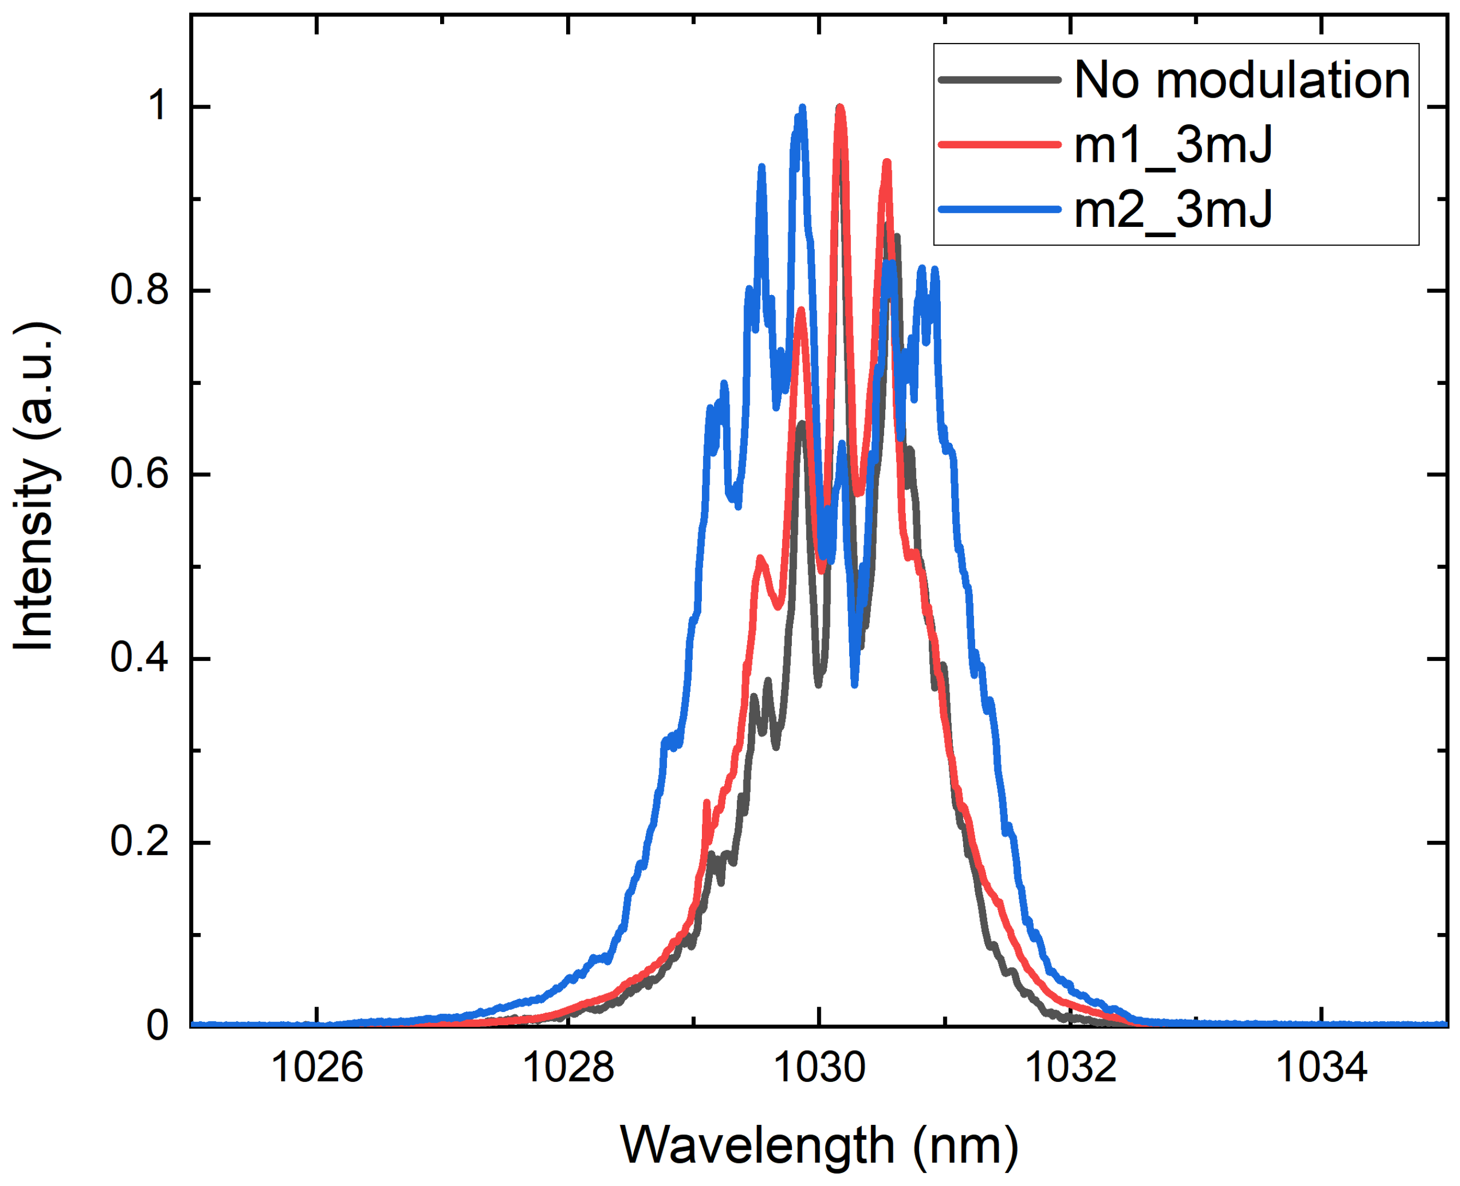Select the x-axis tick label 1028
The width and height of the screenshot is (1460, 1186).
pos(568,1067)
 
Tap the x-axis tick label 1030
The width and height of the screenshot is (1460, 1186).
pos(819,1067)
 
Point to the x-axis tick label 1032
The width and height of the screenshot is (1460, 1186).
pos(1071,1067)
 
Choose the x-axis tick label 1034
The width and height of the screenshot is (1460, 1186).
pos(1321,1067)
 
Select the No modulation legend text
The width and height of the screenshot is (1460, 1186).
pos(1241,81)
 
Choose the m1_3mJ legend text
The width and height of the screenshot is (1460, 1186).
pos(1173,146)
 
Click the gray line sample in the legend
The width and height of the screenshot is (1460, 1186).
pos(1000,81)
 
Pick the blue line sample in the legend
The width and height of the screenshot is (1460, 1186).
pos(1000,209)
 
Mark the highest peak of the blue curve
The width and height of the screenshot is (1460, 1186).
pos(803,107)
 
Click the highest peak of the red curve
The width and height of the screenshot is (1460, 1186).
pos(840,107)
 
